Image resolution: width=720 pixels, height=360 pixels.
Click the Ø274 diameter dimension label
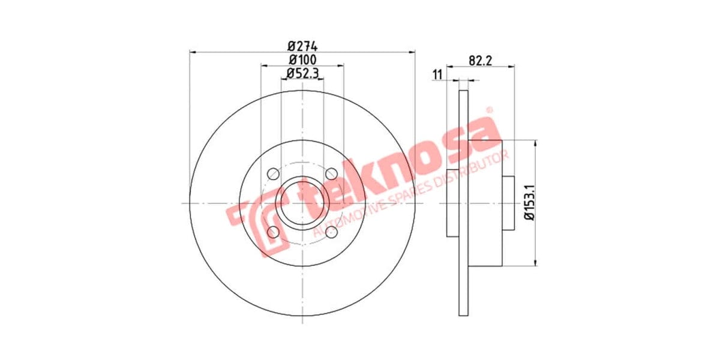(302, 46)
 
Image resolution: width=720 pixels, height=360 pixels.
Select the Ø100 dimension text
(302, 59)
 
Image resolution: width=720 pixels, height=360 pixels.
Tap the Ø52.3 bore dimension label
(302, 73)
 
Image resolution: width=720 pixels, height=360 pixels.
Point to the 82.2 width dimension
(480, 60)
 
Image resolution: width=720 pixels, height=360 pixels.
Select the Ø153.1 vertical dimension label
(529, 203)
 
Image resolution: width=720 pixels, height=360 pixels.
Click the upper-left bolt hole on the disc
(273, 173)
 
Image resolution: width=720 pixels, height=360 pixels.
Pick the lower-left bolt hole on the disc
(273, 232)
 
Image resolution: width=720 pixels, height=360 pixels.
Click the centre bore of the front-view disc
(302, 203)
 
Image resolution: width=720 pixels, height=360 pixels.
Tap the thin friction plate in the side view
(463, 203)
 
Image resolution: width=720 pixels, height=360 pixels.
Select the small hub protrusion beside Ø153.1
(508, 203)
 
